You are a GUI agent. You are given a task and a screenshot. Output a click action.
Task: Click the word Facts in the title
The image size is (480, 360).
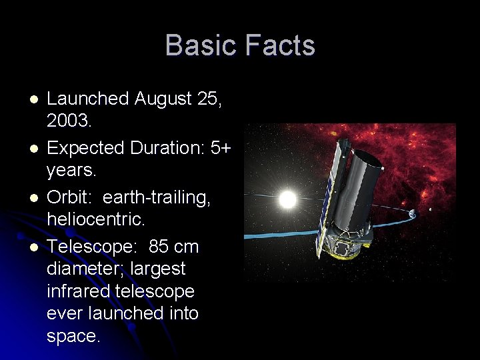pyautogui.click(x=280, y=45)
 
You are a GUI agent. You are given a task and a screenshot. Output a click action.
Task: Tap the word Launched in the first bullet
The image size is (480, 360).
pyautogui.click(x=87, y=99)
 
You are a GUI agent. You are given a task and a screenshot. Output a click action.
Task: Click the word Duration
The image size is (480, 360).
pyautogui.click(x=160, y=148)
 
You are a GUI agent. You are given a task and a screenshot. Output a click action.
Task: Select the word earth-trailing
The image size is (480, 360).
pyautogui.click(x=157, y=197)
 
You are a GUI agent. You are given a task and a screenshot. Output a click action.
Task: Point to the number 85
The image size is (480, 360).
pyautogui.click(x=159, y=247)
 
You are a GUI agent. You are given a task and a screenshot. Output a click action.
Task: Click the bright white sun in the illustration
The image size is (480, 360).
pyautogui.click(x=287, y=199)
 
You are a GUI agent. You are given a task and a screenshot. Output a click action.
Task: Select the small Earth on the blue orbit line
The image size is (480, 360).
pyautogui.click(x=412, y=213)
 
